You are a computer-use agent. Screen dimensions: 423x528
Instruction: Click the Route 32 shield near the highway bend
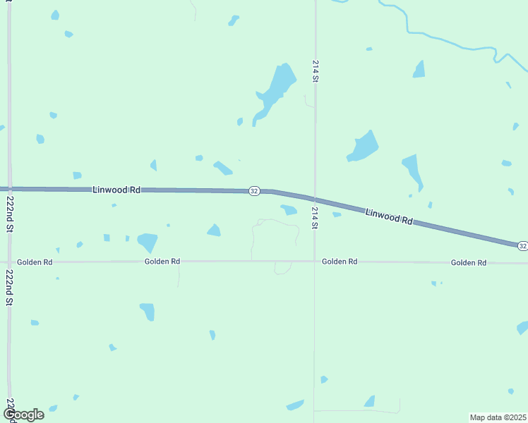click(x=254, y=191)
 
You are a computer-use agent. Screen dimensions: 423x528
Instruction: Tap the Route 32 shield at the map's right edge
click(x=522, y=245)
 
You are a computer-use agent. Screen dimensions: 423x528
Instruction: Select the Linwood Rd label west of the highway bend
click(x=116, y=190)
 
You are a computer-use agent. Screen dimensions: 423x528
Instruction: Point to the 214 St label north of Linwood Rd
click(x=316, y=72)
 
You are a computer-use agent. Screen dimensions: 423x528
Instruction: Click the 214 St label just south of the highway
click(x=316, y=218)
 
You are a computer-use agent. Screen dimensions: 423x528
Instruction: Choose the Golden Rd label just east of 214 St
click(x=340, y=262)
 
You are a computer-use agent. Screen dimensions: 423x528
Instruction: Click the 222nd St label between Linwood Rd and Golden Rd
click(x=10, y=214)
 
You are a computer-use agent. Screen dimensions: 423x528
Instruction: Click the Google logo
click(x=23, y=415)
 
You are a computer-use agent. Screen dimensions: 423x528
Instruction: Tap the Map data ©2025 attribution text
click(x=498, y=417)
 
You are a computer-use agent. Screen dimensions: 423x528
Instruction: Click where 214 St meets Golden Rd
click(x=315, y=262)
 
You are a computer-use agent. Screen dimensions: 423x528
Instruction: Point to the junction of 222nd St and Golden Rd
click(x=9, y=262)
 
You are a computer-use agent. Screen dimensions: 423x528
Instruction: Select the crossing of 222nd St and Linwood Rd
click(x=9, y=189)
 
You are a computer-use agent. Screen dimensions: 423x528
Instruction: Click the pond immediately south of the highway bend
click(x=289, y=209)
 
